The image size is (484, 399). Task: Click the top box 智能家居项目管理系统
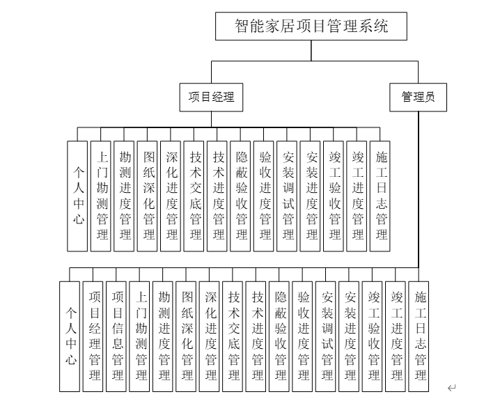click(311, 26)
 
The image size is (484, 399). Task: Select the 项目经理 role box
click(211, 97)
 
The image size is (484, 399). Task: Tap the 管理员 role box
click(418, 97)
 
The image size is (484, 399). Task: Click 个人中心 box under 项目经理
click(77, 196)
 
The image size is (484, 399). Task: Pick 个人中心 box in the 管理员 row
click(70, 336)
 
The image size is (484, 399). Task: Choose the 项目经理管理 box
click(93, 336)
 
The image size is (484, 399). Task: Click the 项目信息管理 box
click(116, 336)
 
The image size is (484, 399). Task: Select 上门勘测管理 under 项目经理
click(100, 196)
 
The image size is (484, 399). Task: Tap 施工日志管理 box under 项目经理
click(380, 196)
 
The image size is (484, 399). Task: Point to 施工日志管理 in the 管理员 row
click(419, 336)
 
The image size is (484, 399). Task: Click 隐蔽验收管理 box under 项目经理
click(240, 196)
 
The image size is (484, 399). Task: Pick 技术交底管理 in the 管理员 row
click(233, 336)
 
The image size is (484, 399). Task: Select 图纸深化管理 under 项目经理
click(147, 196)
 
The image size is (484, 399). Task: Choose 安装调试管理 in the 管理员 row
click(325, 336)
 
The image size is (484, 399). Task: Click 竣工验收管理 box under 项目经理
click(334, 196)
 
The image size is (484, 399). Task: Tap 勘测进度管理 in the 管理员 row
click(163, 336)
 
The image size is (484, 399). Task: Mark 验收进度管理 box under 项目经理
click(264, 196)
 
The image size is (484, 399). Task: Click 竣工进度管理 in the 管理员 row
click(396, 336)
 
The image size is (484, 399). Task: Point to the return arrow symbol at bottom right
click(451, 388)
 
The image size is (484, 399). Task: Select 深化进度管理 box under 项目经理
click(171, 196)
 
